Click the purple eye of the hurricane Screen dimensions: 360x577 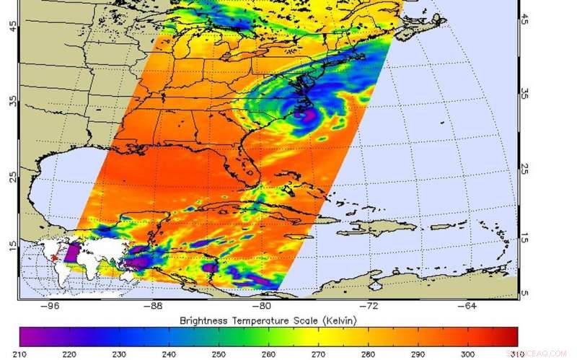pos(305,114)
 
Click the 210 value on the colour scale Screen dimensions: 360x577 pos(19,354)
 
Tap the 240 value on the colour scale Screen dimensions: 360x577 pos(169,354)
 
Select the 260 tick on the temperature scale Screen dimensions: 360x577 pos(268,354)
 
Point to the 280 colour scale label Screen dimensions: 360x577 pos(368,354)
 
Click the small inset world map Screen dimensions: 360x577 pos(61,258)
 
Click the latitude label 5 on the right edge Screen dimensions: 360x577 pos(525,292)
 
